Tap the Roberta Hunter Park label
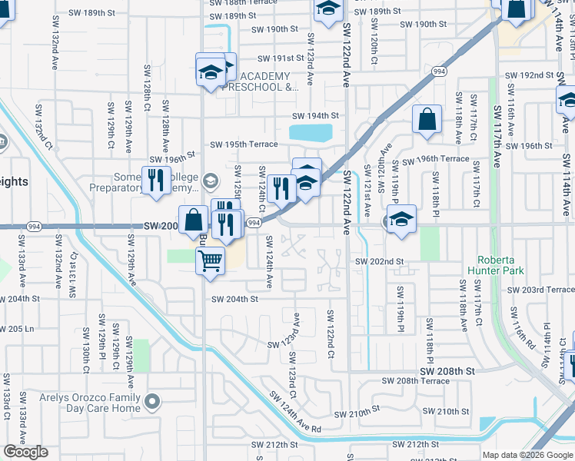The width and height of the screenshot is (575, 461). point(500,265)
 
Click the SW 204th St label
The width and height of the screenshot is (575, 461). point(234,299)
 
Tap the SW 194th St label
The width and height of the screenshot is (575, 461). point(314,116)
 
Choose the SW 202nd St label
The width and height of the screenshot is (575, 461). point(379,261)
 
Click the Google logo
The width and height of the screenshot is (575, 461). point(26,452)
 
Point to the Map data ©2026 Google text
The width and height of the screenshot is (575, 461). point(527,455)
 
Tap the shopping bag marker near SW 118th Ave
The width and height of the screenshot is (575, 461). point(427,120)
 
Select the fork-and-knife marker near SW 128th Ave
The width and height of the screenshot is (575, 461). point(156,180)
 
